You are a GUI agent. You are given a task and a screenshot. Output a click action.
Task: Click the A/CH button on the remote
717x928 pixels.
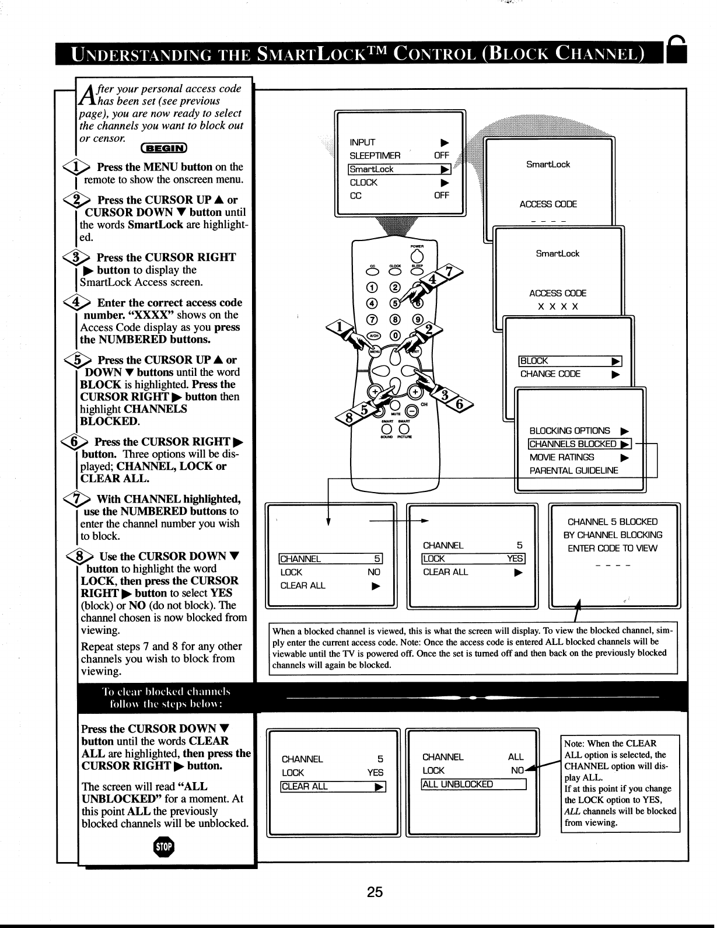coord(375,335)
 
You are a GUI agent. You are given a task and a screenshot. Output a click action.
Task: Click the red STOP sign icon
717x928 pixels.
coord(165,847)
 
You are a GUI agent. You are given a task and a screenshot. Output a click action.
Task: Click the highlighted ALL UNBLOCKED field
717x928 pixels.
coord(474,784)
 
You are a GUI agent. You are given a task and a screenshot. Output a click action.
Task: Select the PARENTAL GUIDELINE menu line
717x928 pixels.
coord(573,470)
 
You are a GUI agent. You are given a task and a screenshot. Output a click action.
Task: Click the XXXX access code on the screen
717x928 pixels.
coord(558,307)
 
